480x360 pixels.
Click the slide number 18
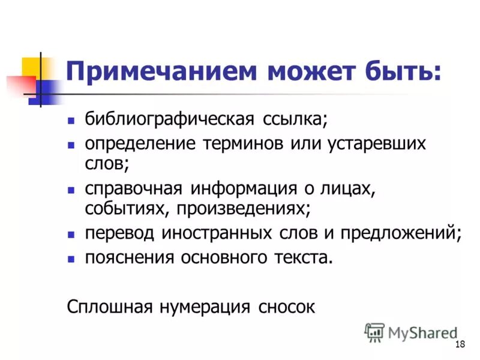(x=461, y=344)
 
